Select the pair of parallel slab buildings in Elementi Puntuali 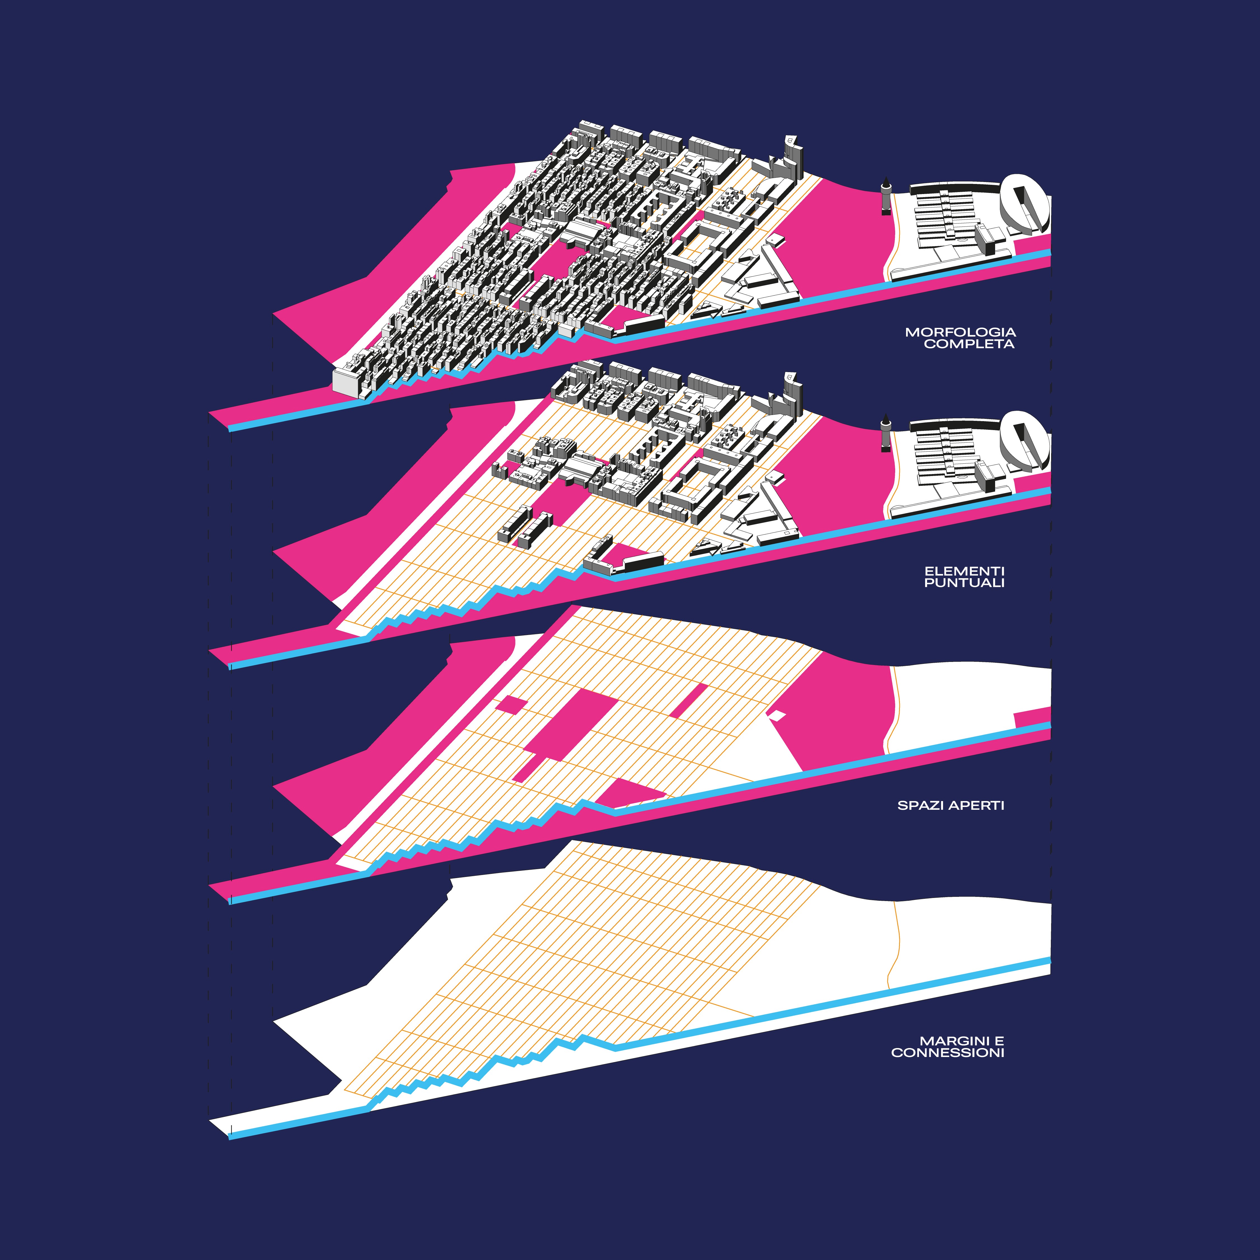pos(525,526)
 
